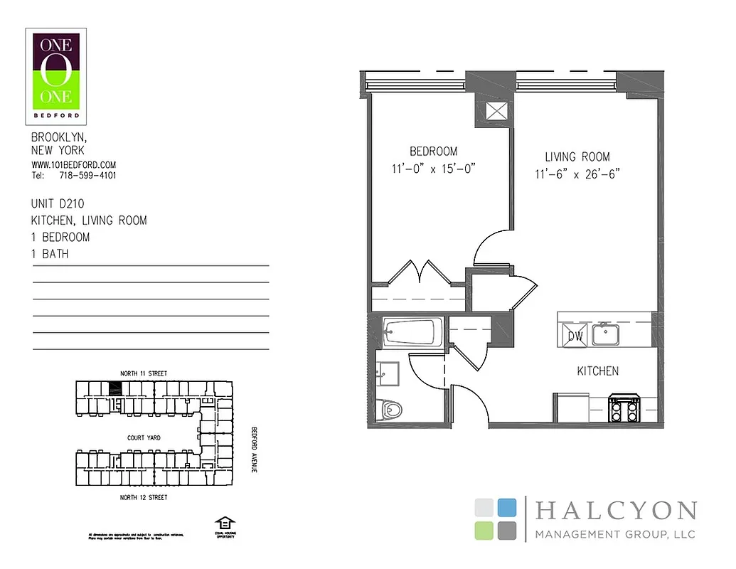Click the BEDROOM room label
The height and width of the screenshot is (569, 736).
coord(433,151)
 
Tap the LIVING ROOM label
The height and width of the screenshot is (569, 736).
coord(577,157)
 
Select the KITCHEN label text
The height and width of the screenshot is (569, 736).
coord(597,371)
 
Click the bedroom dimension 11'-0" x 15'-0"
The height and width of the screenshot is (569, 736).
coord(433,169)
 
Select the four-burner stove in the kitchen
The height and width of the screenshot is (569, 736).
coord(624,411)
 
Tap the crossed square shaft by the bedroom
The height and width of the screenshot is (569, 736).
coord(495,112)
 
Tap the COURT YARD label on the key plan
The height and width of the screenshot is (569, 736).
coord(145,438)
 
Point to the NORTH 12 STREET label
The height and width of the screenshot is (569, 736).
coord(143,497)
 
